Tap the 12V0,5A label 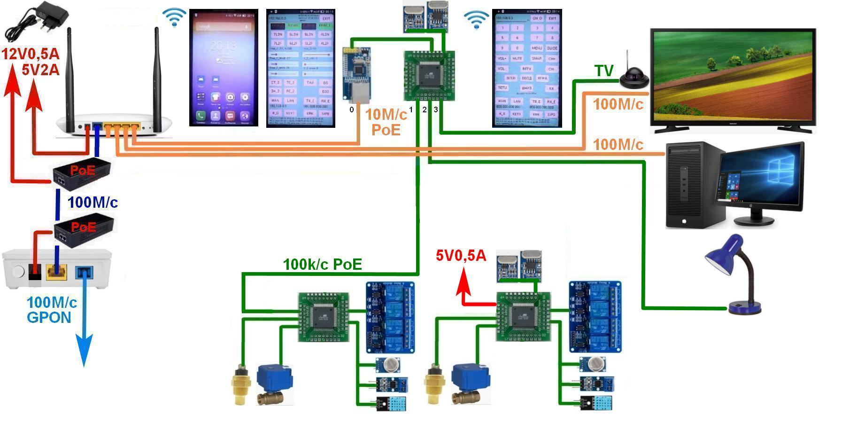tap(30, 54)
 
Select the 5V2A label tap(40, 70)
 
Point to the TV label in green tap(604, 70)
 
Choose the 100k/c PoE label tap(322, 265)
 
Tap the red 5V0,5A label tap(461, 256)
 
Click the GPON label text tap(49, 317)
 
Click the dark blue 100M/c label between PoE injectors tap(93, 203)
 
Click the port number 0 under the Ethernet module tap(352, 110)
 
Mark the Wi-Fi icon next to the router tap(174, 17)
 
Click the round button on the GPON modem tap(18, 271)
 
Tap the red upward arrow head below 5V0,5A tap(464, 278)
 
